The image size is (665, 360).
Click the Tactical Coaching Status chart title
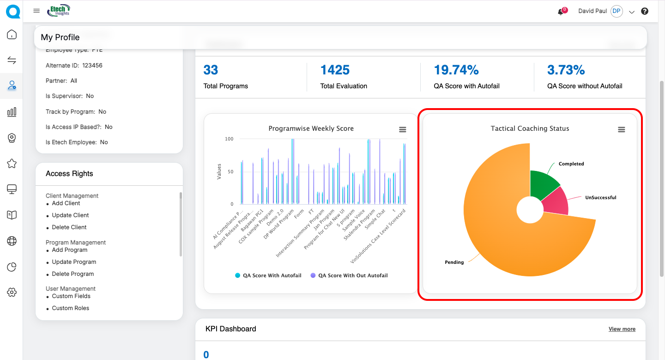coord(530,128)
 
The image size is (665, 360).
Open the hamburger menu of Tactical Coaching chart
coord(622,130)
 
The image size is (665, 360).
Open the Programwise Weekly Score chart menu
coord(403,130)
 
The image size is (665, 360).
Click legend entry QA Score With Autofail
coord(268,275)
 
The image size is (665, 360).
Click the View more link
coord(622,329)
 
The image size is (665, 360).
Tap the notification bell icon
coord(561,12)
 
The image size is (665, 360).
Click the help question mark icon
coord(645,12)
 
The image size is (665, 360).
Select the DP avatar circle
coord(617,12)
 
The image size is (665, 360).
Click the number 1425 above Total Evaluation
coord(335,70)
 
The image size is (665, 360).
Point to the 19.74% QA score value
coord(456,70)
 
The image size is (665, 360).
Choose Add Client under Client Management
coord(66,203)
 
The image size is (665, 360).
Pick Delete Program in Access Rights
coord(73,274)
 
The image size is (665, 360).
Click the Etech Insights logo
coord(59,10)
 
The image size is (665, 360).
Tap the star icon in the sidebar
coord(12,164)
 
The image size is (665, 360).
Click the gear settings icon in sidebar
coord(12,292)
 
